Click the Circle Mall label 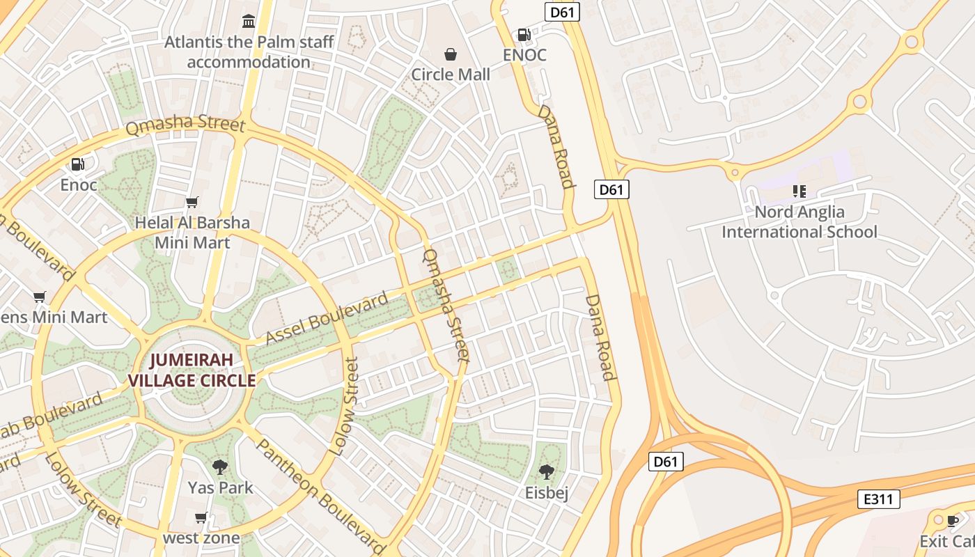tap(451, 74)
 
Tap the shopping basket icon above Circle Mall tap(451, 54)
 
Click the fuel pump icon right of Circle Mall tap(524, 34)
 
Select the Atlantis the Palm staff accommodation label tap(249, 52)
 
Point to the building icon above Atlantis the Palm tap(249, 21)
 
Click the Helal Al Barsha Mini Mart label tap(192, 233)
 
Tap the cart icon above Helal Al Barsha tap(192, 203)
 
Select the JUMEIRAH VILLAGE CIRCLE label tap(192, 370)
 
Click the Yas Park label tap(220, 487)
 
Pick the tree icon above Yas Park tap(220, 466)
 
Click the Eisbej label tap(547, 493)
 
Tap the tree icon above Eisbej tap(547, 472)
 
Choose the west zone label tap(201, 538)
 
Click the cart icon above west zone tap(201, 518)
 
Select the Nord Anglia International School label tap(799, 221)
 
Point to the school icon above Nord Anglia tap(799, 191)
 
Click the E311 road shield tap(878, 499)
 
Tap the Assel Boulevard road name tap(327, 320)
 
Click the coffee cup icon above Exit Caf tap(953, 521)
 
